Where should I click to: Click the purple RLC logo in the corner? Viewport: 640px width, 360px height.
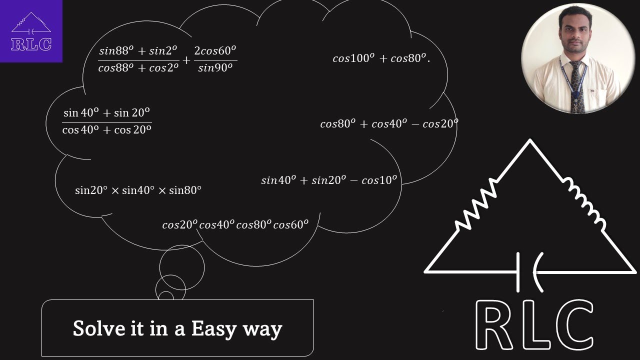tap(31, 31)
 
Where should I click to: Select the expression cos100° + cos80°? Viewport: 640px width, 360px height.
tap(381, 58)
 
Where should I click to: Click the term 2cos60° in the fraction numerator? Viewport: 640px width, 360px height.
tap(215, 51)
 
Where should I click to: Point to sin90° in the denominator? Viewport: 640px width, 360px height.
tap(215, 68)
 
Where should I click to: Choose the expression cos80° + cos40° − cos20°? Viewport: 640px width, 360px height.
tap(389, 123)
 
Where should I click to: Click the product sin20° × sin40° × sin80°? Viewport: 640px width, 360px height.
tap(138, 190)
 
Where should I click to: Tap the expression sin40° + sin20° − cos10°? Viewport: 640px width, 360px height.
tap(328, 180)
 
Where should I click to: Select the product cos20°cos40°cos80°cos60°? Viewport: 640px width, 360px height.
tap(235, 225)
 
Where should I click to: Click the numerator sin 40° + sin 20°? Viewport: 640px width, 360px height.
tap(107, 113)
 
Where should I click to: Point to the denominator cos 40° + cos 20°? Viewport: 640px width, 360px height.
tap(107, 129)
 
